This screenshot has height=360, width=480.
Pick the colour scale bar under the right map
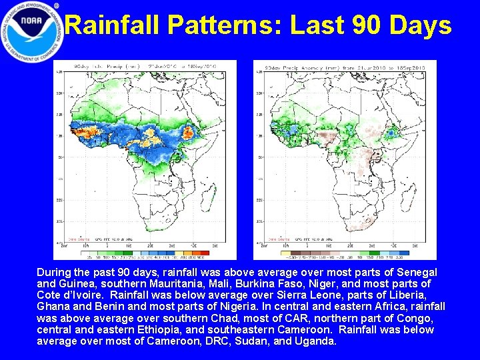(345, 253)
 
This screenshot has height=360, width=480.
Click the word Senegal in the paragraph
(417, 273)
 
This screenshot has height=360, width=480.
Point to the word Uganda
(317, 341)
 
